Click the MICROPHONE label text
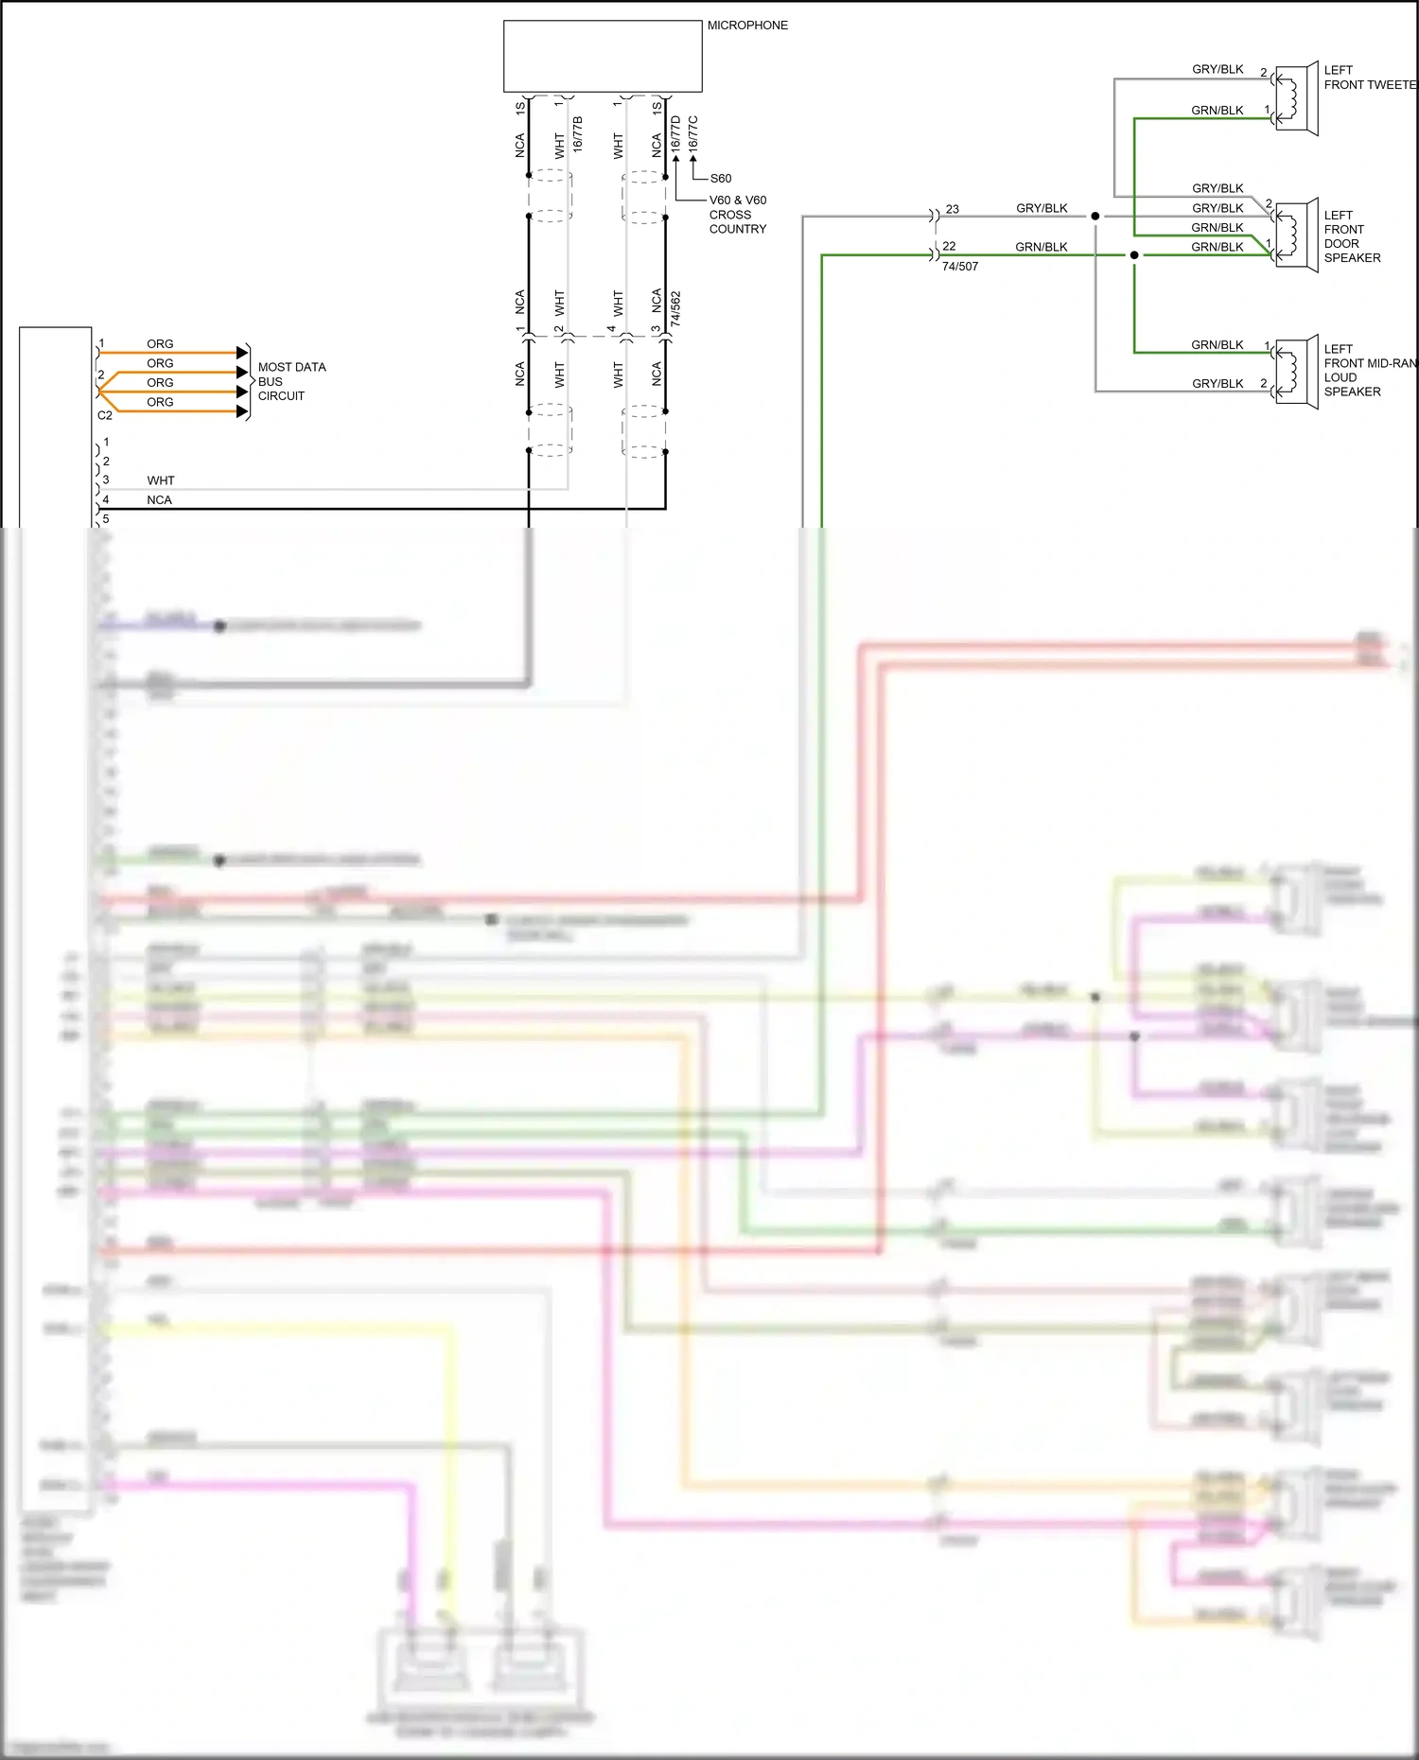[x=747, y=26]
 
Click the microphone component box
[x=602, y=56]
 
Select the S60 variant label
[x=721, y=179]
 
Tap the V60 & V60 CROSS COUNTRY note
[x=738, y=215]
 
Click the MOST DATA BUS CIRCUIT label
[x=290, y=381]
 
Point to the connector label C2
[x=105, y=415]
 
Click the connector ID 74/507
[x=960, y=267]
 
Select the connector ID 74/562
[x=675, y=309]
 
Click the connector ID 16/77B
[x=578, y=133]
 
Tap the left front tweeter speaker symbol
[x=1296, y=98]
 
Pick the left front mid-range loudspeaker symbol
[x=1296, y=371]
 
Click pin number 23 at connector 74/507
[x=952, y=209]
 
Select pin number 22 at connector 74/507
[x=949, y=246]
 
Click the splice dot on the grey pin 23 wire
[x=1095, y=217]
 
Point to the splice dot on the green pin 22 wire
[x=1134, y=255]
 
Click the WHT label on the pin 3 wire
[x=161, y=480]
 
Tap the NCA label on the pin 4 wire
[x=159, y=500]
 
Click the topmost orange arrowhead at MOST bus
[x=242, y=353]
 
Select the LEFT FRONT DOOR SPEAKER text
[x=1352, y=236]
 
